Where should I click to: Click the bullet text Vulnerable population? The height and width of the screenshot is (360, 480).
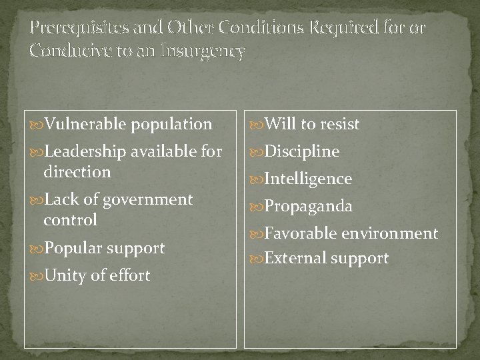click(127, 124)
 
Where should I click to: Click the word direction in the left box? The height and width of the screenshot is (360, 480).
click(77, 171)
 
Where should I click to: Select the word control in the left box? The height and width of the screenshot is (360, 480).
click(70, 219)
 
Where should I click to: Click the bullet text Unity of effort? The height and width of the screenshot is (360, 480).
click(97, 275)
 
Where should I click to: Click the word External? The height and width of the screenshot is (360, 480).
click(290, 258)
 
